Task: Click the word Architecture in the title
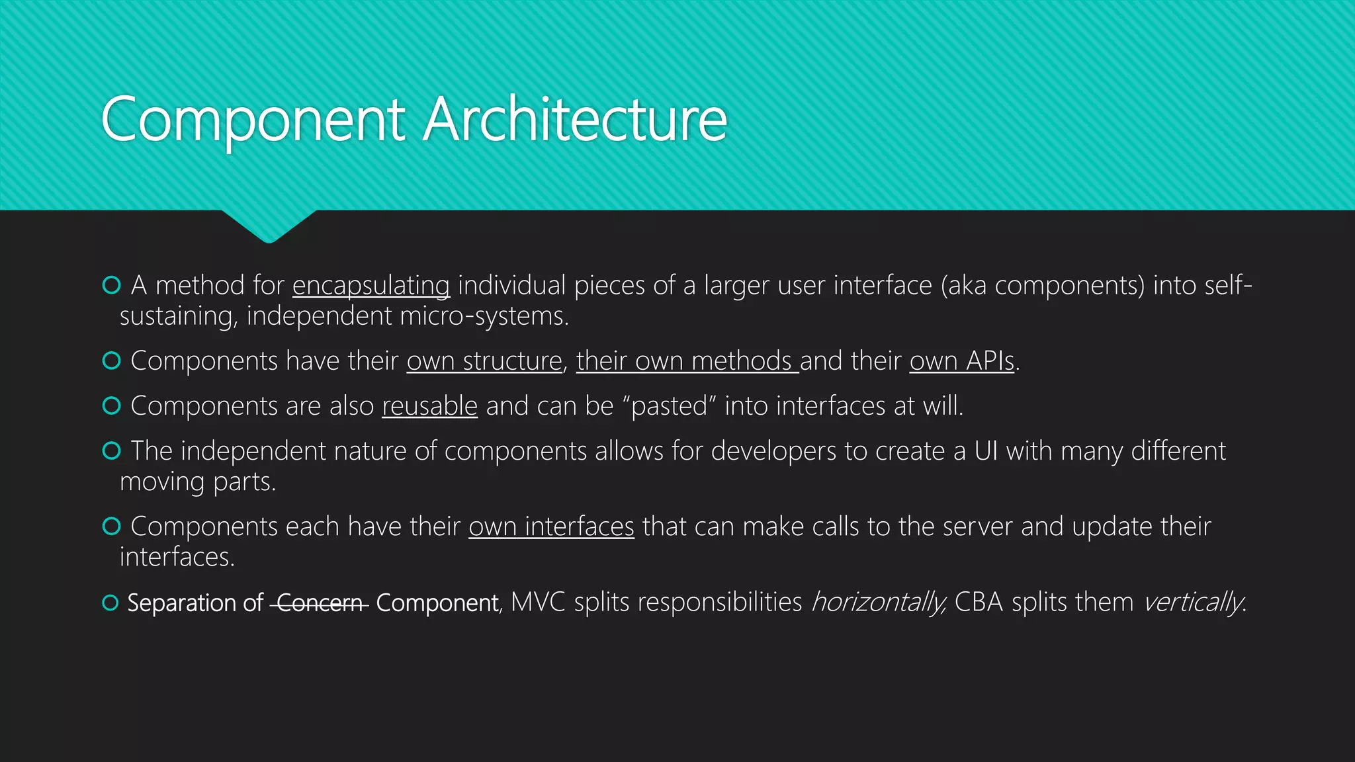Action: click(575, 119)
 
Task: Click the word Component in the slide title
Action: click(253, 119)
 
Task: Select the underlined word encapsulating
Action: click(371, 286)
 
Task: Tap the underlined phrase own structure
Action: click(484, 361)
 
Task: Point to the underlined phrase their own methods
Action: click(687, 361)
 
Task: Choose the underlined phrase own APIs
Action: click(961, 361)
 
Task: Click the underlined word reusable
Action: click(429, 406)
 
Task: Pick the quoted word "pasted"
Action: click(670, 406)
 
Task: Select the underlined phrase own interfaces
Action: click(551, 527)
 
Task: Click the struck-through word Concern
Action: click(320, 603)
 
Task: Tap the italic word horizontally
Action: click(878, 602)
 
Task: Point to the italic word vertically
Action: click(1193, 602)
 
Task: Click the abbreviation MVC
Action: click(538, 602)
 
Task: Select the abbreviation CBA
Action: click(979, 602)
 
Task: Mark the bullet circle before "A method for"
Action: click(111, 285)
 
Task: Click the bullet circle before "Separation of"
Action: click(110, 603)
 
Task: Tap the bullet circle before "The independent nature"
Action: click(111, 450)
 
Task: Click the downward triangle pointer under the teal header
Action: click(269, 226)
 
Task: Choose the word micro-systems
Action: click(484, 316)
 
